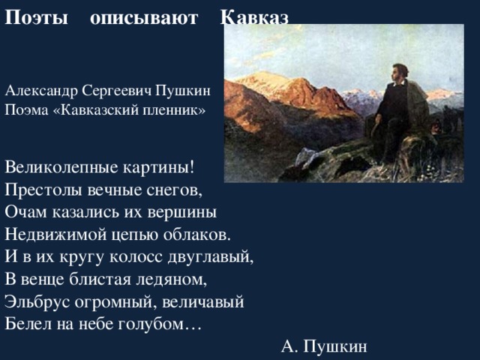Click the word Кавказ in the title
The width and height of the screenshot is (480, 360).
click(254, 19)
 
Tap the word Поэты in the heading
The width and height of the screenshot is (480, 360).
click(37, 19)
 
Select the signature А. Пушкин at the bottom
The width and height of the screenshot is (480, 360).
click(324, 346)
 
